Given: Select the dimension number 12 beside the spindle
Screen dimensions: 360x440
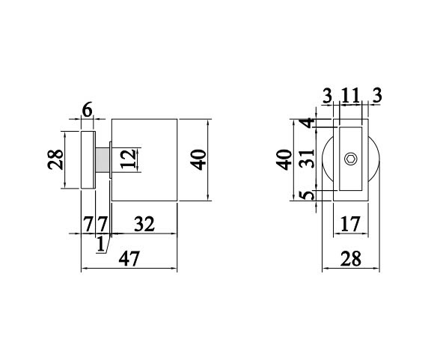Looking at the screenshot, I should [129, 159].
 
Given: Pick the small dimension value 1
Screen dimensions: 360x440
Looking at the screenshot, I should [101, 242].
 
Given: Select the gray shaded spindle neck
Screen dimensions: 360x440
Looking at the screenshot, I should [103, 159].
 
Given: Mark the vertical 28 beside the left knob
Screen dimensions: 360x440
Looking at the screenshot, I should [55, 159].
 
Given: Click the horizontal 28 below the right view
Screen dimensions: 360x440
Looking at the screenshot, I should [349, 260].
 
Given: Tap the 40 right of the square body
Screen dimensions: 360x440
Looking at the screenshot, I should [198, 159].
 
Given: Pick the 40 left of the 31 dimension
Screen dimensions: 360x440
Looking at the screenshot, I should [283, 159].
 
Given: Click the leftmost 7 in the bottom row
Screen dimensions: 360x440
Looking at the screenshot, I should [88, 223].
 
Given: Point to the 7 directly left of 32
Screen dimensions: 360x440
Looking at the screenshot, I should [103, 223].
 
